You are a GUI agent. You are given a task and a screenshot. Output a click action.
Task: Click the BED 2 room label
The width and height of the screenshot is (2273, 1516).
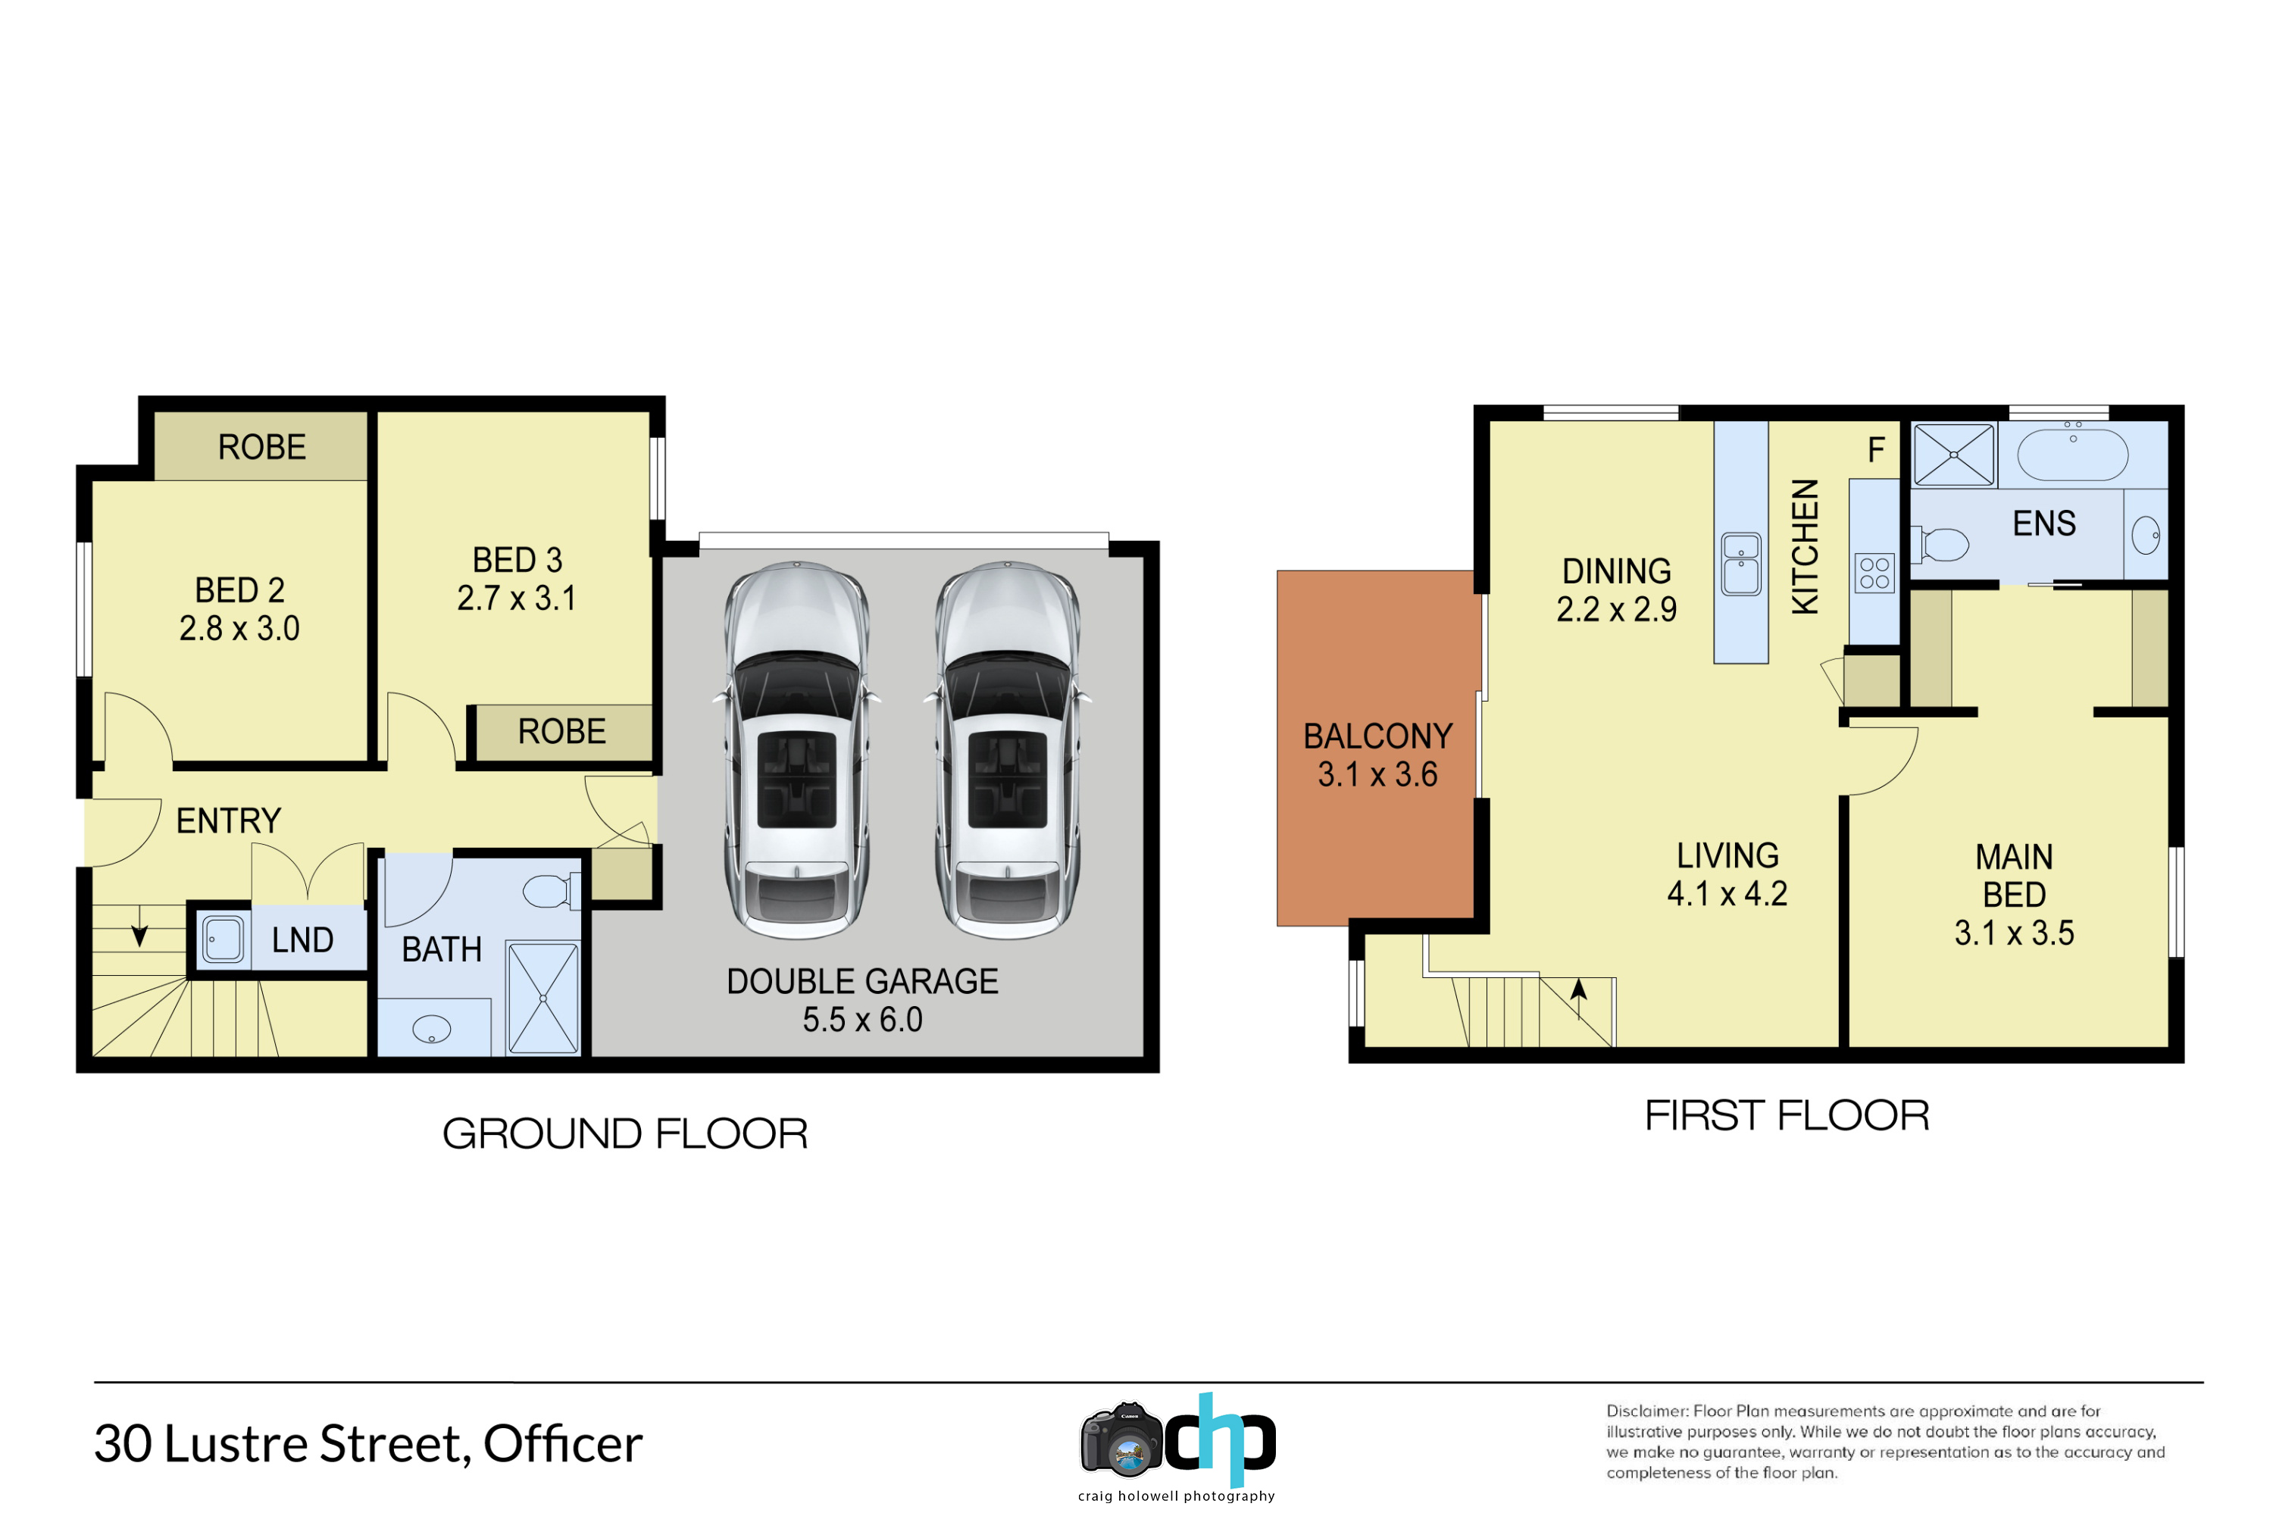pyautogui.click(x=239, y=589)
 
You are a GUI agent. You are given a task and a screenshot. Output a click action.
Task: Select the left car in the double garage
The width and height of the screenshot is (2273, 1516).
pyautogui.click(x=796, y=749)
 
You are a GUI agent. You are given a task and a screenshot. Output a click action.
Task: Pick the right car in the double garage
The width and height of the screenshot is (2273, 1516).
pyautogui.click(x=1008, y=749)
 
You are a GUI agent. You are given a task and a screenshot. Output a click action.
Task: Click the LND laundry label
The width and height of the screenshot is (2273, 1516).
pyautogui.click(x=302, y=939)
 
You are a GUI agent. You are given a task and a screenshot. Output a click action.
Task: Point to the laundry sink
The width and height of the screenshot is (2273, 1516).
pyautogui.click(x=224, y=939)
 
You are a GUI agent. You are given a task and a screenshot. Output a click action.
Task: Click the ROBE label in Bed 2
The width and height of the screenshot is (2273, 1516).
pyautogui.click(x=262, y=447)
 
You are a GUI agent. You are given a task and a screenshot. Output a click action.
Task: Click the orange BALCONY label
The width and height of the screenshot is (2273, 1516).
pyautogui.click(x=1377, y=736)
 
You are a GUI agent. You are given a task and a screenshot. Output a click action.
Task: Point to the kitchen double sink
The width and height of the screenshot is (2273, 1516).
pyautogui.click(x=1741, y=564)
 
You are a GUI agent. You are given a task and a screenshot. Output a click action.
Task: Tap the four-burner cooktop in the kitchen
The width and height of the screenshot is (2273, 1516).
pyautogui.click(x=1874, y=572)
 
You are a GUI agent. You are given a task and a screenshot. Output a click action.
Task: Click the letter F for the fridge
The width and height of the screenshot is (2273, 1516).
pyautogui.click(x=1877, y=449)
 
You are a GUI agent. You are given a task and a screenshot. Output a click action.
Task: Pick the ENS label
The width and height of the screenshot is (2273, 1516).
pyautogui.click(x=2044, y=523)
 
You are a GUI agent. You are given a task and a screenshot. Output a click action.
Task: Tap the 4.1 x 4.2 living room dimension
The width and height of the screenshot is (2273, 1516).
pyautogui.click(x=1727, y=893)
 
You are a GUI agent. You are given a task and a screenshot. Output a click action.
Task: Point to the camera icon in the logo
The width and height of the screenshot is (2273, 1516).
pyautogui.click(x=1121, y=1439)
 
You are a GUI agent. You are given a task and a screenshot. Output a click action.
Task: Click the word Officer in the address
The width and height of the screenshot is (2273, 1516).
pyautogui.click(x=563, y=1443)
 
